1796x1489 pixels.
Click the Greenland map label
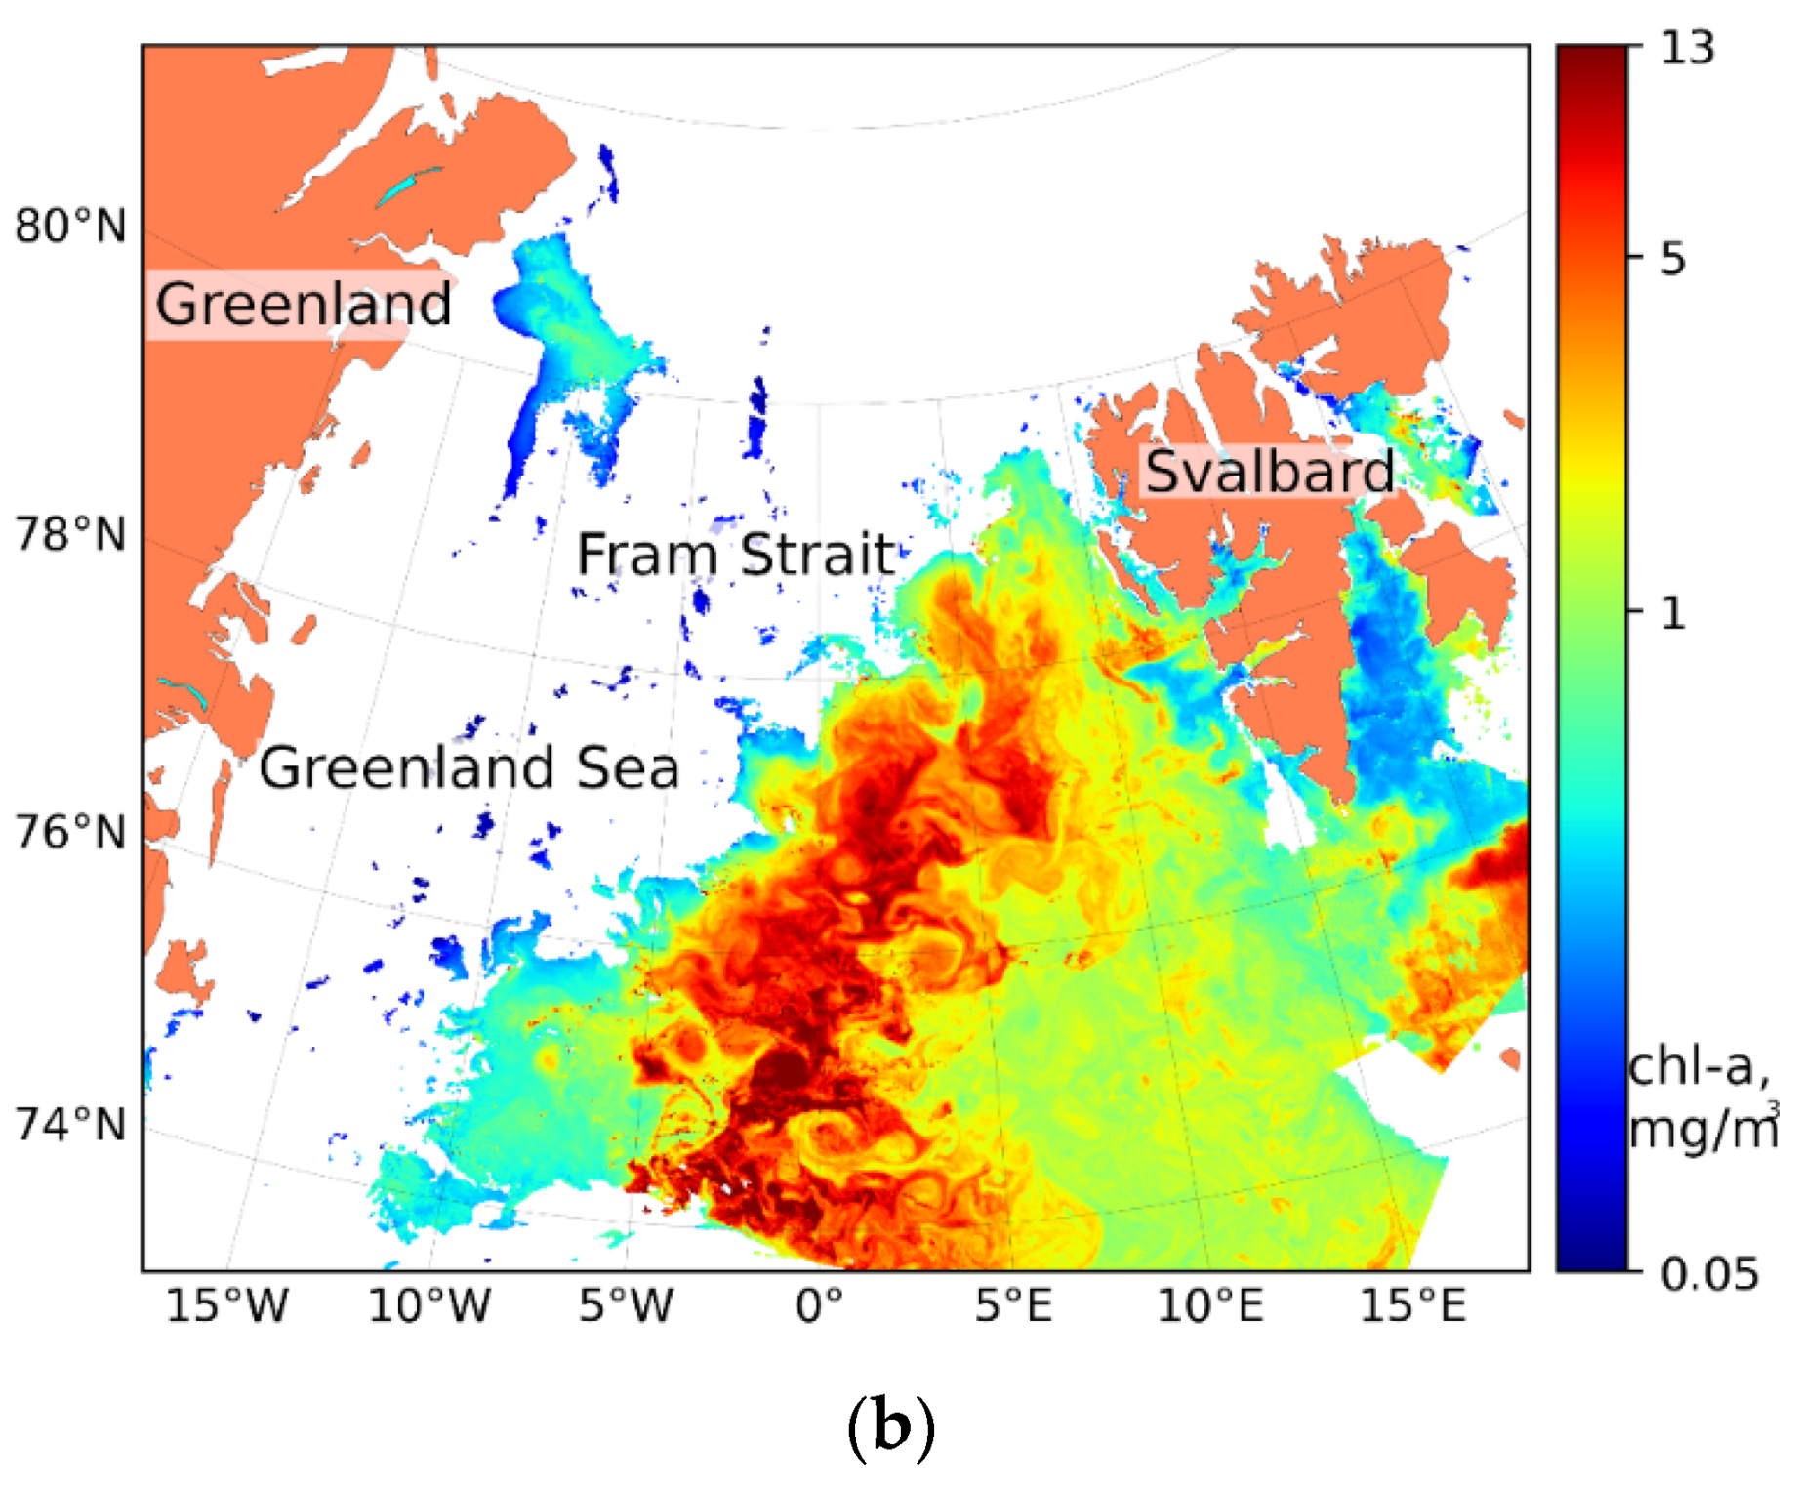pyautogui.click(x=304, y=305)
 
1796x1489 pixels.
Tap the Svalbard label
pyautogui.click(x=1269, y=473)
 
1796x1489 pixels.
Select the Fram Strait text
pyautogui.click(x=736, y=555)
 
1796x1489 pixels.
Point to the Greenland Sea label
pyautogui.click(x=469, y=767)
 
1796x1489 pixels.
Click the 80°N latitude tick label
pyautogui.click(x=70, y=227)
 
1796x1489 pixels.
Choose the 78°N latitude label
pyautogui.click(x=70, y=535)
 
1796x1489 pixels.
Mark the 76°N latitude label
pyautogui.click(x=70, y=833)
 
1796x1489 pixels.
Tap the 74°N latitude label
pyautogui.click(x=70, y=1125)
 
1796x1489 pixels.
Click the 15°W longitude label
pyautogui.click(x=226, y=1305)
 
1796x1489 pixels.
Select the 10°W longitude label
pyautogui.click(x=429, y=1305)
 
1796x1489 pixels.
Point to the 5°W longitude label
pyautogui.click(x=626, y=1305)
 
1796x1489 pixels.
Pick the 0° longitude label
pyautogui.click(x=819, y=1305)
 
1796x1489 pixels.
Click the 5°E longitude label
pyautogui.click(x=1014, y=1305)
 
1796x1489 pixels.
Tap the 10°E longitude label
pyautogui.click(x=1210, y=1305)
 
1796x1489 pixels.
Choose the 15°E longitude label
pyautogui.click(x=1413, y=1305)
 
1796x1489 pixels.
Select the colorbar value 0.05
pyautogui.click(x=1709, y=1274)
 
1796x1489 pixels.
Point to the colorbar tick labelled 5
pyautogui.click(x=1672, y=259)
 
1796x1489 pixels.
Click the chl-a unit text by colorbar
pyautogui.click(x=1698, y=1097)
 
